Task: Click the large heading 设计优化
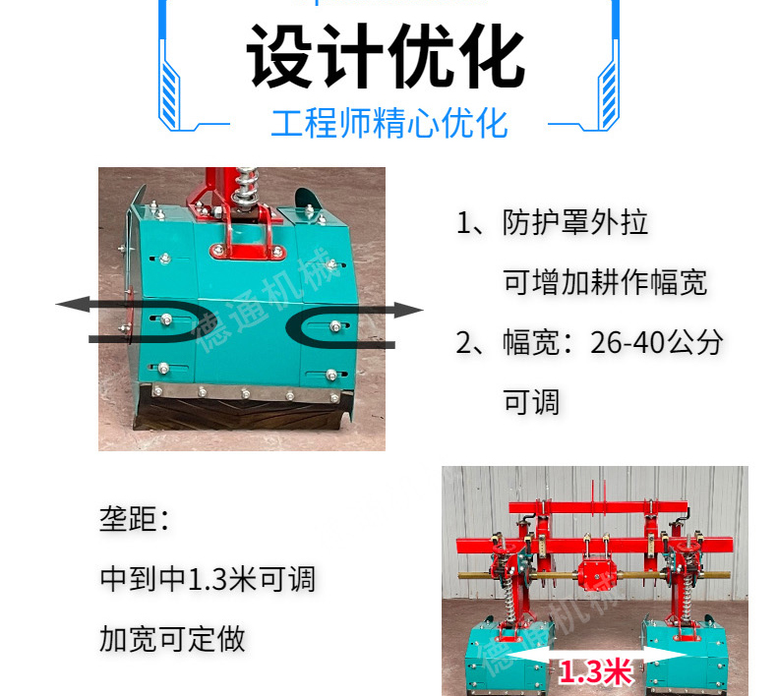click(x=386, y=55)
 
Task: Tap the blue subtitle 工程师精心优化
click(x=389, y=123)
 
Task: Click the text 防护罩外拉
click(x=574, y=222)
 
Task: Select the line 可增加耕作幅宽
click(x=605, y=282)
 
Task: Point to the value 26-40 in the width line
click(x=627, y=342)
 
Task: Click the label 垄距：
click(x=135, y=519)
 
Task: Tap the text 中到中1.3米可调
click(x=208, y=579)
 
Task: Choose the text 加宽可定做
click(x=172, y=639)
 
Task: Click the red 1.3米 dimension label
click(x=596, y=671)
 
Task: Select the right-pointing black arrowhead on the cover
click(x=408, y=310)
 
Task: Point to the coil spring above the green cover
click(x=246, y=187)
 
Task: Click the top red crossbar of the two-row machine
click(x=598, y=507)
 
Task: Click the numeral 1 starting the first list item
click(x=464, y=222)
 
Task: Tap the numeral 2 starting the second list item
click(x=464, y=342)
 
